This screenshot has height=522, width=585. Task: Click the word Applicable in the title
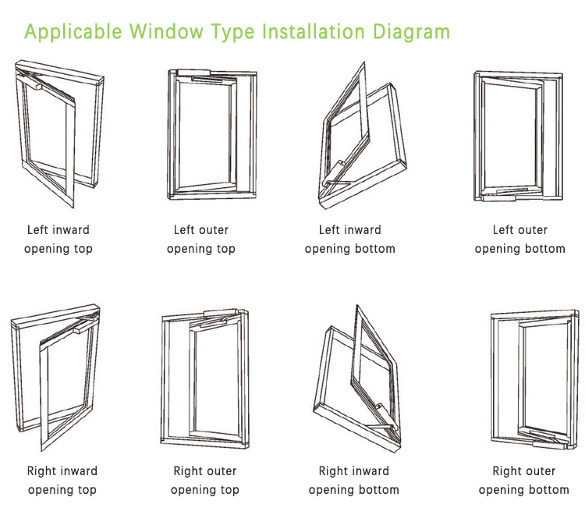(x=73, y=33)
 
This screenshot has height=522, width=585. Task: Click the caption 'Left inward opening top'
(x=58, y=240)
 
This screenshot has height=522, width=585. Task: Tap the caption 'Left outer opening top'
(x=201, y=240)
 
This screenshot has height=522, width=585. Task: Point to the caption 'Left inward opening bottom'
(x=350, y=240)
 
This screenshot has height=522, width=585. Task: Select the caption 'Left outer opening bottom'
(x=520, y=240)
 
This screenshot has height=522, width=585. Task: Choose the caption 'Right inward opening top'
(x=62, y=481)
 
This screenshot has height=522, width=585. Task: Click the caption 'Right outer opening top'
(x=205, y=481)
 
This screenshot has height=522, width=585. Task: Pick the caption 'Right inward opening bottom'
(x=354, y=481)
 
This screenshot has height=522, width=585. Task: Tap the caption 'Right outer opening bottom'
(x=524, y=481)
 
